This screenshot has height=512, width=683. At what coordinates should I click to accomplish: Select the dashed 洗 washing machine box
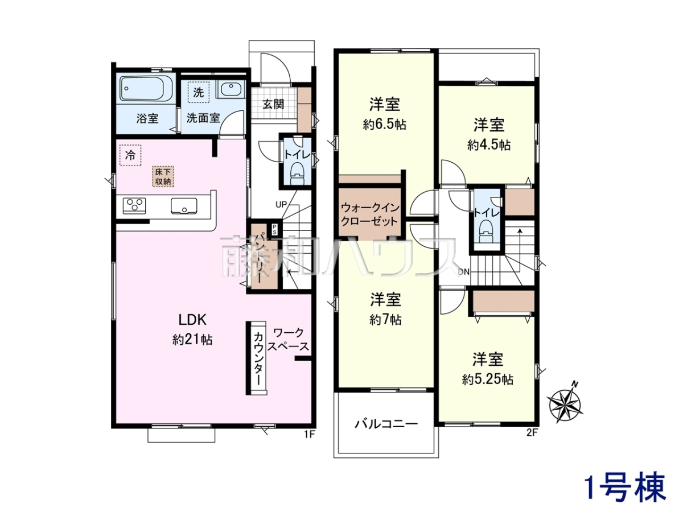(x=199, y=92)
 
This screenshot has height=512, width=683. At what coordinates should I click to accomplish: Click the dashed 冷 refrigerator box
(x=130, y=155)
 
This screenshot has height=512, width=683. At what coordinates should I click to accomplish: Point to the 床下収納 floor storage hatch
(x=163, y=176)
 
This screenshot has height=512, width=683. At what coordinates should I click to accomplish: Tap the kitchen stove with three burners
(x=134, y=205)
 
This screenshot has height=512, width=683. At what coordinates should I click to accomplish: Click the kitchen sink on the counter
(x=184, y=206)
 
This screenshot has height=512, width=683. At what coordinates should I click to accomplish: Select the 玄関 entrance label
(x=273, y=105)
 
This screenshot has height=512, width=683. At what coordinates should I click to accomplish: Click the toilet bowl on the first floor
(x=296, y=174)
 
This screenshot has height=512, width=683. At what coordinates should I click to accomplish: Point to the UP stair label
(x=281, y=205)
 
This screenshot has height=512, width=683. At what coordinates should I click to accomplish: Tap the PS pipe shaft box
(x=274, y=229)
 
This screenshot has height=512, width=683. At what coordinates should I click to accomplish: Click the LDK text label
(x=192, y=320)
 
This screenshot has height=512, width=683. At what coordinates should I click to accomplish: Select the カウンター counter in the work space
(x=258, y=357)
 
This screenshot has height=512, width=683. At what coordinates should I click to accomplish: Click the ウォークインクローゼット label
(x=369, y=214)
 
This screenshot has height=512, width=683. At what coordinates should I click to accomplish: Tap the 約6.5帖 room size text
(x=385, y=125)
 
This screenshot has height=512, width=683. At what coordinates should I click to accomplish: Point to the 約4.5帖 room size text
(x=488, y=145)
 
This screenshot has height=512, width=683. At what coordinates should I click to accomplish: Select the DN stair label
(x=464, y=272)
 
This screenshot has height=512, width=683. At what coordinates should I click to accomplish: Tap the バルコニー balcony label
(x=386, y=424)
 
